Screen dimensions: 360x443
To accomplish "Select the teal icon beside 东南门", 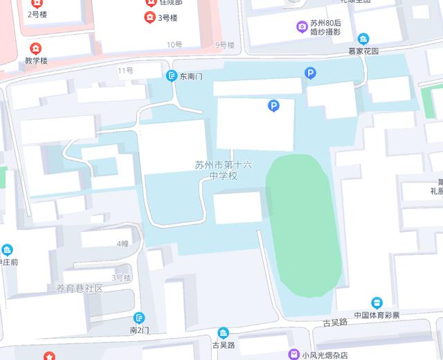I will [171, 76].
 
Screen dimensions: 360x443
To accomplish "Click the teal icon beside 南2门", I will [140, 317].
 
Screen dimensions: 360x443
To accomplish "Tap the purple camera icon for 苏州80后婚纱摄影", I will [302, 27].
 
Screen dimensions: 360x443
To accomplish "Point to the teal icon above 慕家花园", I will [363, 39].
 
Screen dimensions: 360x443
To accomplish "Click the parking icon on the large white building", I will [274, 106].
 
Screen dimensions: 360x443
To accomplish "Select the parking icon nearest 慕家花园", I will [311, 73].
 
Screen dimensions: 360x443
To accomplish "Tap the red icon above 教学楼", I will [35, 48].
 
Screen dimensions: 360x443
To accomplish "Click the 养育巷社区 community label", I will [79, 288].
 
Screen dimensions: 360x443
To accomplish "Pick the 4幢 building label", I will [123, 244].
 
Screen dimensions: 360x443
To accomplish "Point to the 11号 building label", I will [125, 71].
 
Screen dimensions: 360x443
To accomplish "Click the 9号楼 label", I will [225, 45].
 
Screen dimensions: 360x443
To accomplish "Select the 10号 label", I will [174, 45].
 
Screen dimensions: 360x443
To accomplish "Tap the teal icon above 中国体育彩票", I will [377, 303].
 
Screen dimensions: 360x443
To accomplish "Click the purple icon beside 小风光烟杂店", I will [294, 354].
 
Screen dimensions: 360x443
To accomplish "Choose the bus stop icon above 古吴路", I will [223, 332].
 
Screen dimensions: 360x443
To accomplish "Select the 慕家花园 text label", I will [363, 51].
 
